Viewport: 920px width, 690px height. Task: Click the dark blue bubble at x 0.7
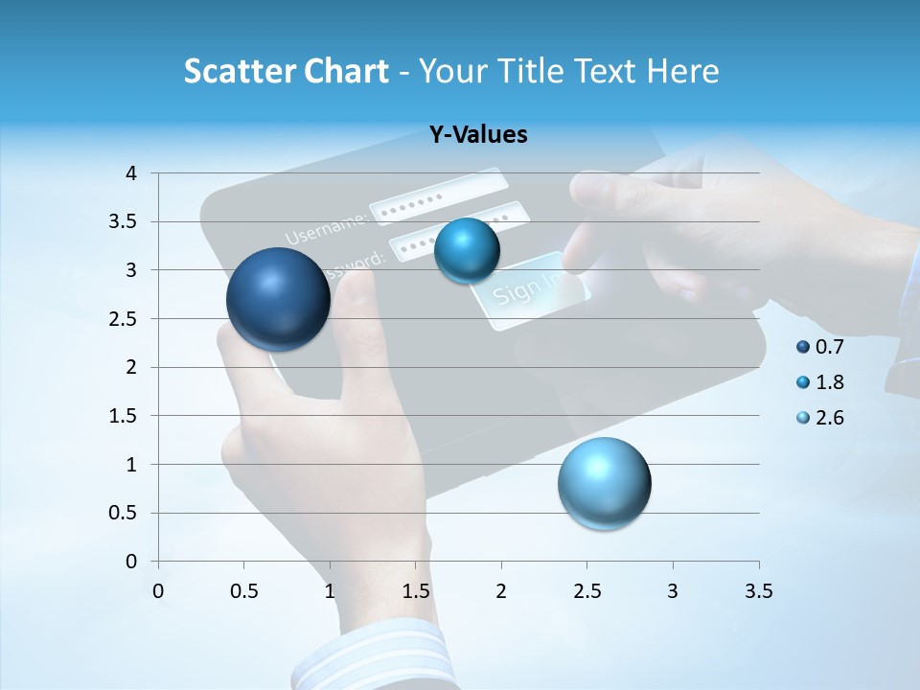click(278, 299)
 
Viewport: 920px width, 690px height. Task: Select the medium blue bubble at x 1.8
click(467, 250)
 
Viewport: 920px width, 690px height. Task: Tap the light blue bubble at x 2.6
click(604, 483)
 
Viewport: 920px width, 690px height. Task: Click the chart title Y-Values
click(477, 135)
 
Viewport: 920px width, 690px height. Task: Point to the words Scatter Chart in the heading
click(286, 71)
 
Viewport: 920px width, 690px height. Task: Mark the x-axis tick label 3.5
click(758, 591)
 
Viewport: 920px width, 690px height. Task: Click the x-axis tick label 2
click(501, 591)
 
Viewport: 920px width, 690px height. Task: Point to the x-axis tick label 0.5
click(244, 591)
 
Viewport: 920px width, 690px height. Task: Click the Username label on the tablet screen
click(326, 228)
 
